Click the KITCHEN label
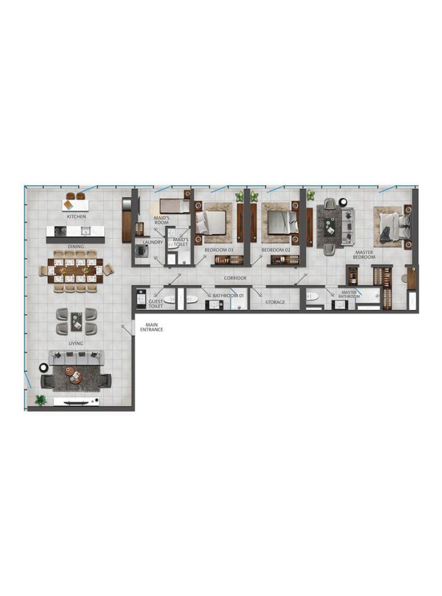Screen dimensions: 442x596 click(76, 217)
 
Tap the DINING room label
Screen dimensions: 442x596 click(76, 247)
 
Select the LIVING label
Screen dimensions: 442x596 click(76, 343)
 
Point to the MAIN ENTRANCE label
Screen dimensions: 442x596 click(152, 327)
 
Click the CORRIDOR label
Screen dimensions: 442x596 click(235, 278)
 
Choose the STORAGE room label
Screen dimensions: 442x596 click(275, 302)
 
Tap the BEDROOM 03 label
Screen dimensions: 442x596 click(219, 250)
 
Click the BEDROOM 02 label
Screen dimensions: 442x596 click(276, 250)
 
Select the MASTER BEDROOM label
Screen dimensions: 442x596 click(364, 254)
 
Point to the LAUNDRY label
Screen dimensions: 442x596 click(152, 242)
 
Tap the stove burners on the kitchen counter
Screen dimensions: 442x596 click(60, 231)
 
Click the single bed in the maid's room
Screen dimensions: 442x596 click(175, 206)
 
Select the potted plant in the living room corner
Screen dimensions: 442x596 click(41, 400)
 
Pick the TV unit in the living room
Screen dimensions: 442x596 click(76, 401)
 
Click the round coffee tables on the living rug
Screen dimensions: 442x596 click(72, 374)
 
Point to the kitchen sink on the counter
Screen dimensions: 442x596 click(86, 231)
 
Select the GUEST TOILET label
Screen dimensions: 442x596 click(155, 304)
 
